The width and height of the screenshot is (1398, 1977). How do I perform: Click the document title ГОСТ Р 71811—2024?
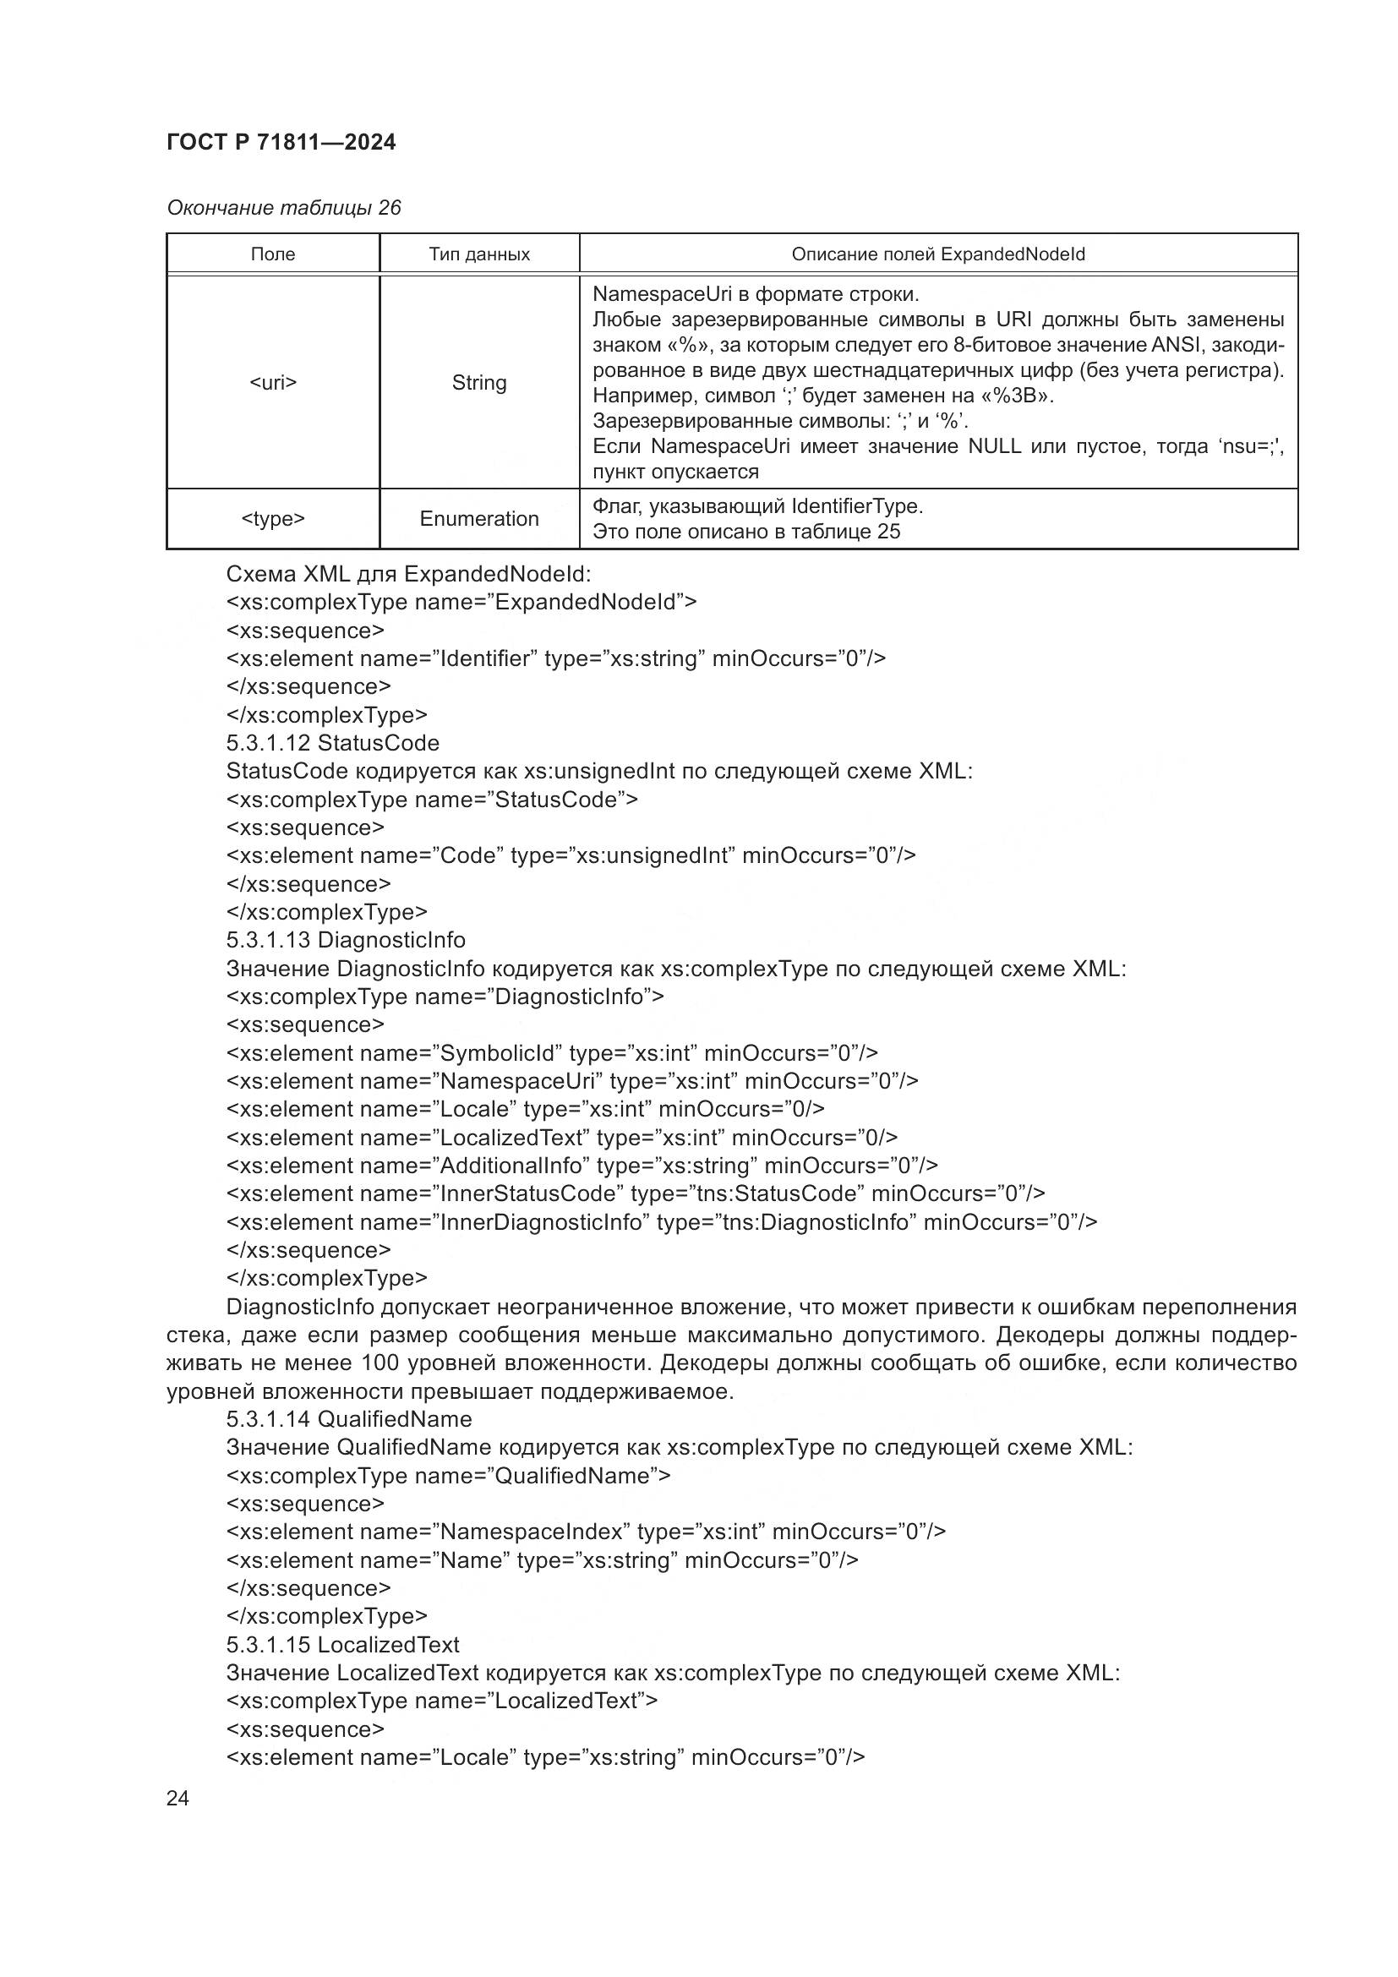coord(281,142)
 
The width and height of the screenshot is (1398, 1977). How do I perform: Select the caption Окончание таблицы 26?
coord(283,208)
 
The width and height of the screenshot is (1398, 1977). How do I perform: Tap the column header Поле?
coord(273,254)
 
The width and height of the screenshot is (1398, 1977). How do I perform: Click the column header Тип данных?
coord(478,254)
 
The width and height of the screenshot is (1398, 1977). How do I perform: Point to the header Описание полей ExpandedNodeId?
coord(937,254)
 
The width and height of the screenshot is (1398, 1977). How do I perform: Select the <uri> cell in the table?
coord(273,382)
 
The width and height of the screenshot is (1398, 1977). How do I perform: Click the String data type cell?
coord(478,382)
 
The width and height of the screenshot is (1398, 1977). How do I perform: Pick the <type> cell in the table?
coord(273,518)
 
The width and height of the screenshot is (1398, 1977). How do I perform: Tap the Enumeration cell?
coord(478,518)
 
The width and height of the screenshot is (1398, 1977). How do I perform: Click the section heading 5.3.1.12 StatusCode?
coord(332,743)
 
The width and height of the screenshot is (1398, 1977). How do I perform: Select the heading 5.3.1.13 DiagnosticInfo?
coord(345,940)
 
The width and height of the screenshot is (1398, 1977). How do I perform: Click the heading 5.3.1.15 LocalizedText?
coord(342,1645)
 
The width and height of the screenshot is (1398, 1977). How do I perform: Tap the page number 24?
coord(177,1798)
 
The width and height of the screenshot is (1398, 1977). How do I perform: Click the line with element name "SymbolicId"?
coord(551,1053)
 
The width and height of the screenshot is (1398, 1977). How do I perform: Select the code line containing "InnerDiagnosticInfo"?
coord(661,1222)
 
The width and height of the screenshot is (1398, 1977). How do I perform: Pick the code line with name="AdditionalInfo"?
coord(582,1165)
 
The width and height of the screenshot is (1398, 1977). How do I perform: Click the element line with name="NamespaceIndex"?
coord(586,1532)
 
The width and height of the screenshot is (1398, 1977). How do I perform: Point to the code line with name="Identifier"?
coord(555,658)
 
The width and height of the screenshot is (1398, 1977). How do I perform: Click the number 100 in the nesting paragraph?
coord(379,1363)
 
